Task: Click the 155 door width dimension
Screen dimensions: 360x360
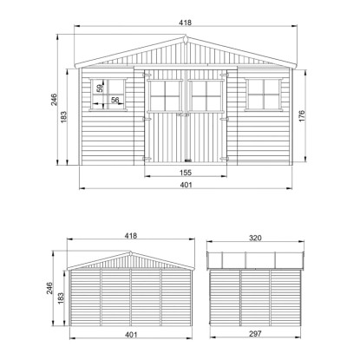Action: click(x=186, y=173)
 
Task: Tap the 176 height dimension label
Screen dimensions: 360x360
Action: click(x=302, y=116)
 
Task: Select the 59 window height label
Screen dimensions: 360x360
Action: click(x=100, y=88)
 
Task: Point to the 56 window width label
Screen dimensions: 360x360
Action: click(x=115, y=100)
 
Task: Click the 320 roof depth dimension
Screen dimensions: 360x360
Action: click(x=255, y=238)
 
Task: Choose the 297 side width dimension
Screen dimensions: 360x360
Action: click(x=255, y=334)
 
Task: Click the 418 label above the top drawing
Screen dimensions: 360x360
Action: click(x=186, y=23)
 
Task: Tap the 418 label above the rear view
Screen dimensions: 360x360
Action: click(x=131, y=236)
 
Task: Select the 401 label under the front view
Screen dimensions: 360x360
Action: click(x=186, y=185)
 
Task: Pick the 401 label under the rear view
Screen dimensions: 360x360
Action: click(x=131, y=335)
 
